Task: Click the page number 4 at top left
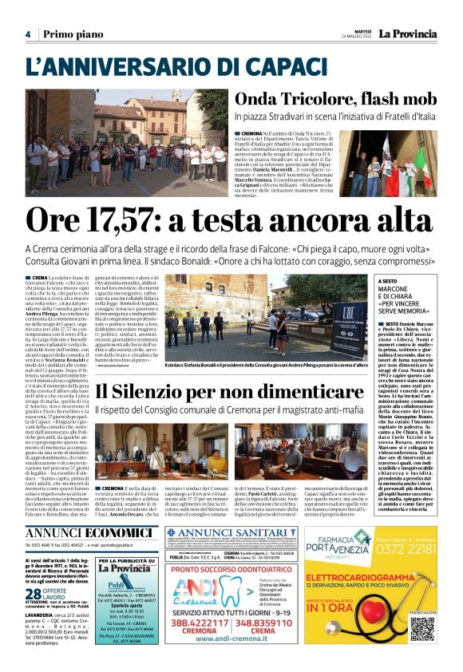click(28, 34)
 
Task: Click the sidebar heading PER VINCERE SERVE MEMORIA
click(422, 306)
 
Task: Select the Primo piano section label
click(69, 34)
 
